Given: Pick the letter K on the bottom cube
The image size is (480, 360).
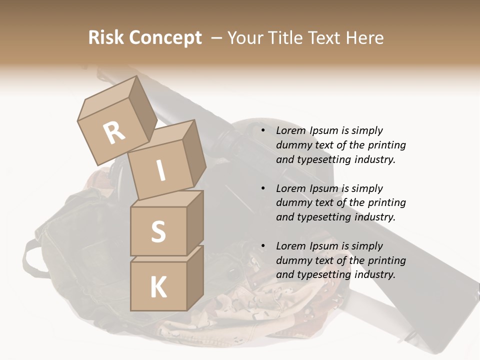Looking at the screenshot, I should [158, 287].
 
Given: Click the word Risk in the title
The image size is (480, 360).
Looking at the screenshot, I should [106, 37].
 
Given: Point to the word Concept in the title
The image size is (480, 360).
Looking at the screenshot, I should [165, 37].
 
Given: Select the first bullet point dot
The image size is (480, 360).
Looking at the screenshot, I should [262, 131].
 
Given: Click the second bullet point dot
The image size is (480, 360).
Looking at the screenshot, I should [262, 189].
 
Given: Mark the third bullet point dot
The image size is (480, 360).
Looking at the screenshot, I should [262, 246].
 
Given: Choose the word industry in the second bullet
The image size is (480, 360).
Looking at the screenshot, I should [374, 217].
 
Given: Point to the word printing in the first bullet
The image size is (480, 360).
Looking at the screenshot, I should [386, 145].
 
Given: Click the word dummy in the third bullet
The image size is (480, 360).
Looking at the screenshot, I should [293, 260].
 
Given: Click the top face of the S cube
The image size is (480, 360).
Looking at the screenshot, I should [167, 199].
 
